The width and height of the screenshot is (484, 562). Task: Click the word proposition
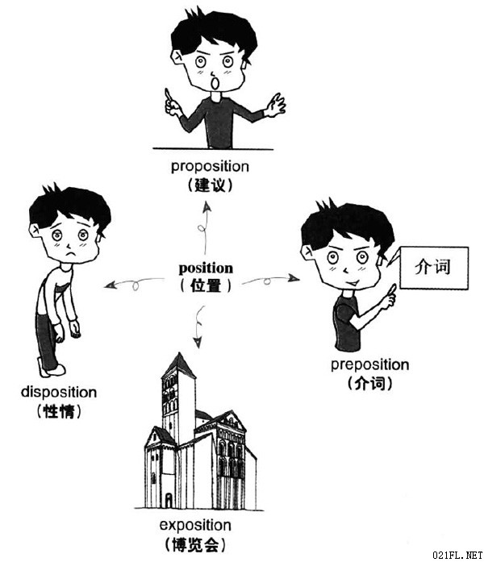210,167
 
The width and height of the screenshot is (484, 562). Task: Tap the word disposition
59,392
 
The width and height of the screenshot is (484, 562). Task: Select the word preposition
369,365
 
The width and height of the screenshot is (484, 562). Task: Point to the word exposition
195,525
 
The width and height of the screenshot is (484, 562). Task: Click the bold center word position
206,268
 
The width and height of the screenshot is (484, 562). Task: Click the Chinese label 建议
210,185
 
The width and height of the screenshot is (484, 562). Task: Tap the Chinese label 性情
59,411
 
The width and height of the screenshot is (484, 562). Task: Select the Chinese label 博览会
195,544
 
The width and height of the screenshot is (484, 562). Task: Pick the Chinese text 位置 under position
206,286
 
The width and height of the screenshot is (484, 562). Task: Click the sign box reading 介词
433,268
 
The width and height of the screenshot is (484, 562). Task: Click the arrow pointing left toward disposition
134,283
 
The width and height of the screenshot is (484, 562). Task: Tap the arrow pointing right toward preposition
271,280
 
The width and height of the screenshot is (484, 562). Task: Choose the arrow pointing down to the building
198,327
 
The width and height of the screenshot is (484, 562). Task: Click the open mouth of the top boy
215,83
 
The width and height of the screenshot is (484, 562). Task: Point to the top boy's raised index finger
168,94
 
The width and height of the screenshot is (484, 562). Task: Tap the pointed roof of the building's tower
178,365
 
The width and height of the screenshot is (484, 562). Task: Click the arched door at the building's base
168,500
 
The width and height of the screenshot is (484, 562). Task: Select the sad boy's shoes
52,368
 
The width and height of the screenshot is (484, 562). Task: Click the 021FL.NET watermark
458,556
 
